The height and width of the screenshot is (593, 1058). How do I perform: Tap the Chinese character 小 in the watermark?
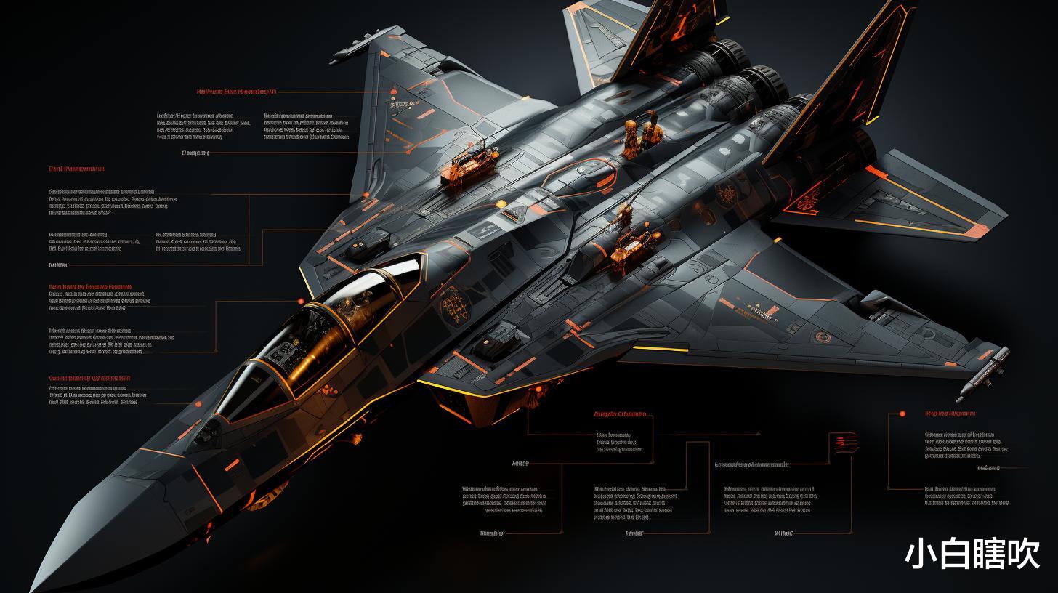pos(921,554)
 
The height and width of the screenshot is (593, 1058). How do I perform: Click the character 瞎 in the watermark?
pos(990,554)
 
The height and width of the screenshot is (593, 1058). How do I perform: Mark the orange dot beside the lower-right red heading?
pos(902,414)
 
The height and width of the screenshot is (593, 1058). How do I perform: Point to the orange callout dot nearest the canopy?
pos(300,301)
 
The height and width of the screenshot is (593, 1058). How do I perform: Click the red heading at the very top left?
pos(237,92)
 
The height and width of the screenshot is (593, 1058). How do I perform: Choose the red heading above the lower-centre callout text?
pos(620,415)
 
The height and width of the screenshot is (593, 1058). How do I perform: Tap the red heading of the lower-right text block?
pos(950,414)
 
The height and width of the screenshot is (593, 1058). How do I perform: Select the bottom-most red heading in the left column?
pos(89,379)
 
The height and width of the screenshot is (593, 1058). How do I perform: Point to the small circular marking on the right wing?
pos(823,336)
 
